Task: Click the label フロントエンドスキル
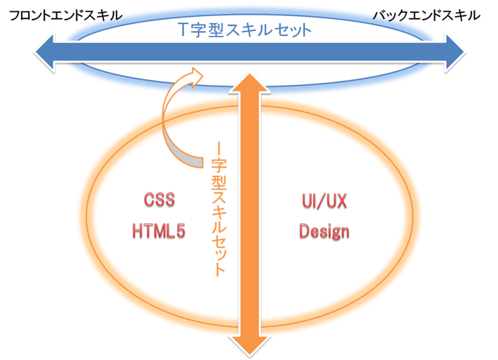click(x=65, y=15)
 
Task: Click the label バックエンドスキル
click(x=426, y=15)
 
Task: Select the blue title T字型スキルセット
click(x=245, y=30)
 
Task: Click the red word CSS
click(x=159, y=200)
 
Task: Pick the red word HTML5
click(x=158, y=231)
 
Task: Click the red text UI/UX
click(x=324, y=201)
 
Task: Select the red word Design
click(x=324, y=231)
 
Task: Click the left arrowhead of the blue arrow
click(x=44, y=52)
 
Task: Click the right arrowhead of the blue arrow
click(x=454, y=52)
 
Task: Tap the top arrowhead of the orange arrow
click(x=250, y=84)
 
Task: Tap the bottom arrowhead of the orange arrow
click(x=250, y=346)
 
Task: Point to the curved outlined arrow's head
click(x=196, y=77)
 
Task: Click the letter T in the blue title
click(x=184, y=30)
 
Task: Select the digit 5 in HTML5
click(x=180, y=231)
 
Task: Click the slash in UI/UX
click(x=324, y=201)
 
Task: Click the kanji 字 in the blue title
click(x=199, y=30)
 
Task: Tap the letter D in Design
click(x=304, y=231)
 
